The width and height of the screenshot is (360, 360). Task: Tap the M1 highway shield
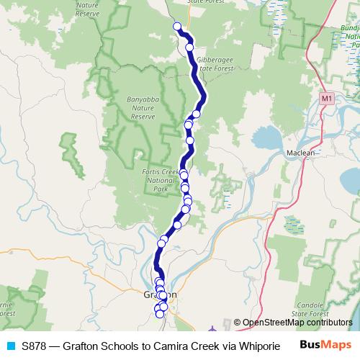(328, 97)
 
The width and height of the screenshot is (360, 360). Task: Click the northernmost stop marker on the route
(177, 27)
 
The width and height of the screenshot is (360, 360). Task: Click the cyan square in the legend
(10, 346)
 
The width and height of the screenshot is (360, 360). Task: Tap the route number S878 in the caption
(35, 346)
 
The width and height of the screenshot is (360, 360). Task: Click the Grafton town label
(154, 294)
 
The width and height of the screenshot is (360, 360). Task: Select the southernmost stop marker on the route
(160, 313)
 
